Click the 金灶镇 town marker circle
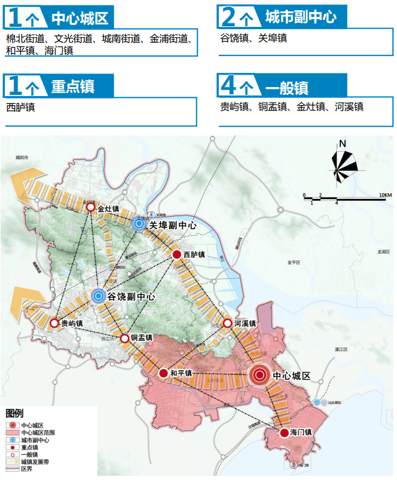[90, 207]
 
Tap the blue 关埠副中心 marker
[139, 224]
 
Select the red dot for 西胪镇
[177, 254]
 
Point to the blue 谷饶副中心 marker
[99, 295]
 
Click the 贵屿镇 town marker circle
[54, 323]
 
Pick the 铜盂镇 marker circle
[124, 339]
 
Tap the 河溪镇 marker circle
[227, 323]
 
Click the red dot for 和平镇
[163, 373]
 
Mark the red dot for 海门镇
[284, 433]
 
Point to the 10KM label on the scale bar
[384, 195]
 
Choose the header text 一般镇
[286, 88]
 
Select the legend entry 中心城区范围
[38, 432]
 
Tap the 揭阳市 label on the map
[22, 158]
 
